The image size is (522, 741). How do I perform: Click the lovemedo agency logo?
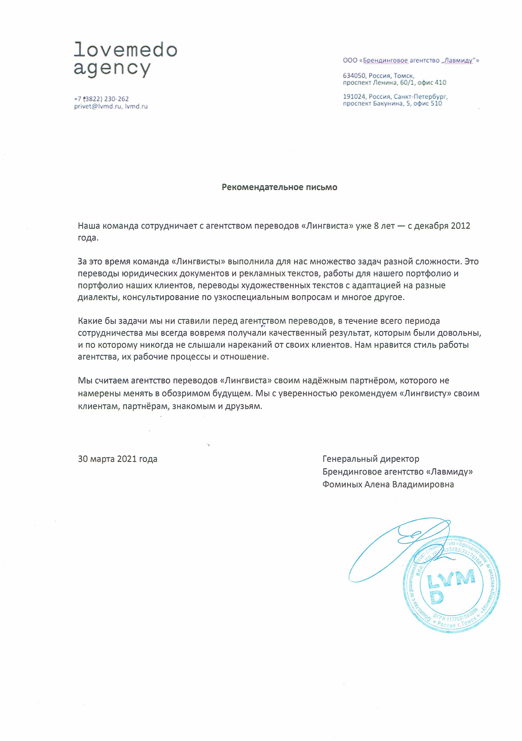[125, 59]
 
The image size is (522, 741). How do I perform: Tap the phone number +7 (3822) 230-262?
[101, 99]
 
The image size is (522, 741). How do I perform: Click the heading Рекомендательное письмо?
[279, 187]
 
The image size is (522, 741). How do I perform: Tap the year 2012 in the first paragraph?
[460, 226]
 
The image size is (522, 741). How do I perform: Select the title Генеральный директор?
[371, 459]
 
